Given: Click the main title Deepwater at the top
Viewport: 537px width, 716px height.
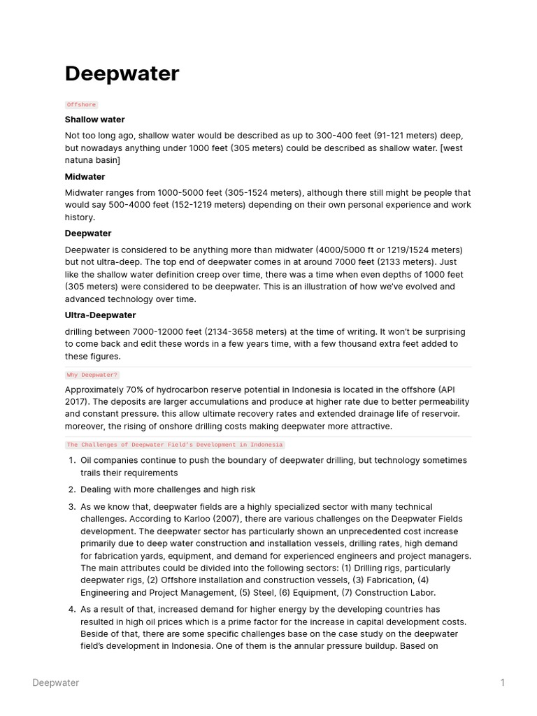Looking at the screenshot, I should click(122, 74).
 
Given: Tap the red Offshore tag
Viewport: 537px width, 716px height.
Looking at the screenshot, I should click(82, 105).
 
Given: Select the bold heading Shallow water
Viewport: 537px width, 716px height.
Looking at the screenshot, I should click(94, 120).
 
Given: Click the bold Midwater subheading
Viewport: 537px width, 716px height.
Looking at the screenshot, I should click(85, 177).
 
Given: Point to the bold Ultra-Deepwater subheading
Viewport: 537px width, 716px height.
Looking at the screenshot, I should click(100, 315).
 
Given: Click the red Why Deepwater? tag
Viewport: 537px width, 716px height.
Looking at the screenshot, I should click(92, 375).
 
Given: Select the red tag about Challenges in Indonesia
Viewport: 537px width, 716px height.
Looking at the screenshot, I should click(175, 445).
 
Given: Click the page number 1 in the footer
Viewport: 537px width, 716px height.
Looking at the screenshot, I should click(502, 683).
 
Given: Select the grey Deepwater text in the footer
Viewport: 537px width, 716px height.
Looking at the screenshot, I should click(55, 683).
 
